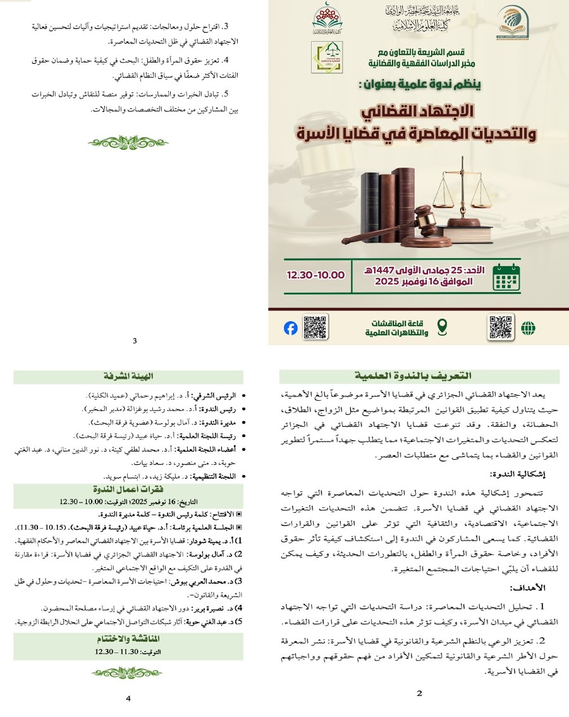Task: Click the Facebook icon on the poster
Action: (x=291, y=328)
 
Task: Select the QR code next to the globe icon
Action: (x=501, y=327)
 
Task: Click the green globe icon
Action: (x=528, y=328)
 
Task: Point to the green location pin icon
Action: (x=443, y=328)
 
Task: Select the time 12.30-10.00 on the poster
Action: (x=316, y=275)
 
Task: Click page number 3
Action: (x=135, y=341)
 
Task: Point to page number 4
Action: (x=128, y=698)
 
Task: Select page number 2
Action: (x=419, y=693)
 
